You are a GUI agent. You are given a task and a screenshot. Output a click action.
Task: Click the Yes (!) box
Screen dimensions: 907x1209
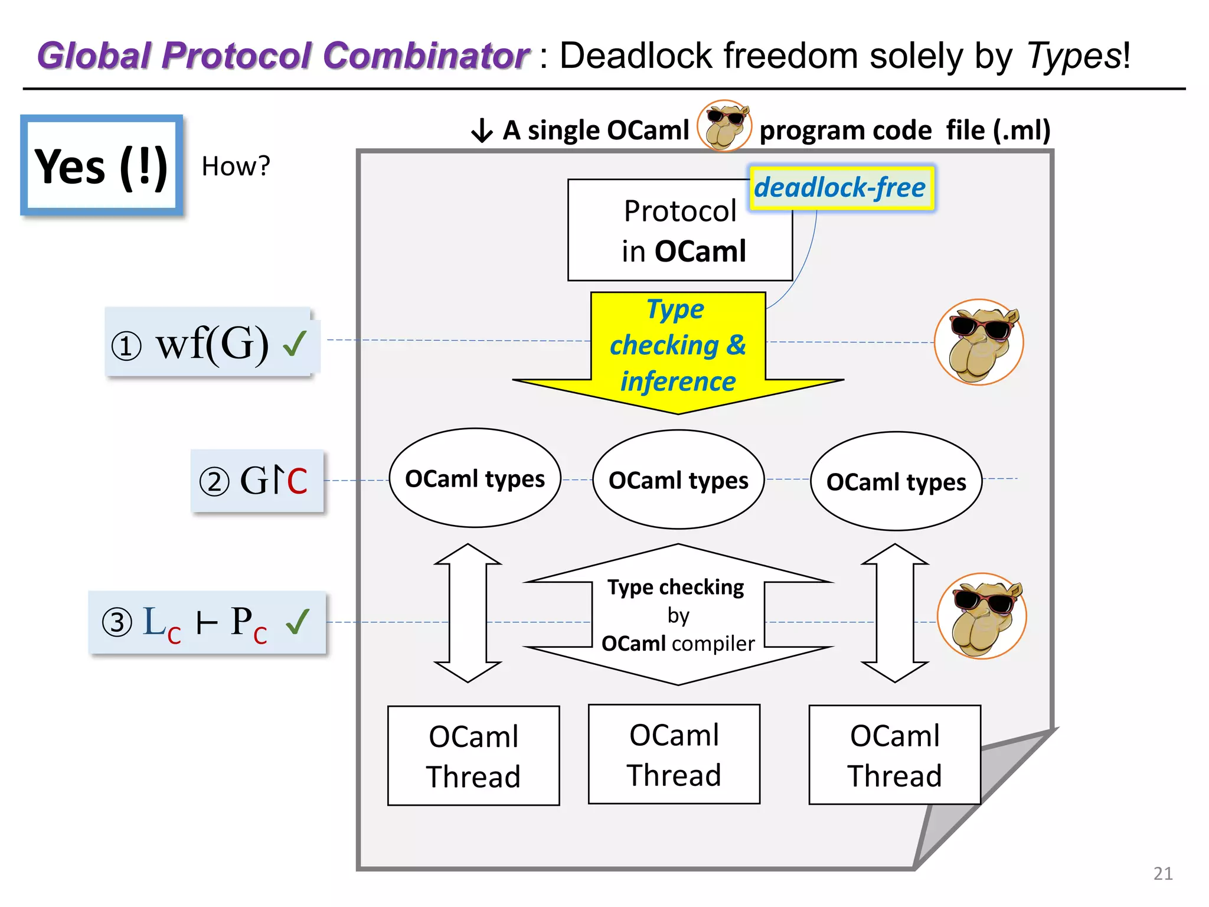click(102, 165)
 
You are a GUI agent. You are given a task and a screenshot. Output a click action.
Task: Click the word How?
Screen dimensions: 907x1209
click(236, 167)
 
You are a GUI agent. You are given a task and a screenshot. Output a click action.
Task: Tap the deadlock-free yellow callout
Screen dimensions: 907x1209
click(840, 188)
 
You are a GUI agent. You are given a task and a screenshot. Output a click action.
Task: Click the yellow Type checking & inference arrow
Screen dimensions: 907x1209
click(678, 348)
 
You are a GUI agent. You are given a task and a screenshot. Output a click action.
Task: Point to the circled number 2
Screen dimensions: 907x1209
click(214, 481)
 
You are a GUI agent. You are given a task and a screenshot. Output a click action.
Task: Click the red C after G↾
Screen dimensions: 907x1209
click(297, 481)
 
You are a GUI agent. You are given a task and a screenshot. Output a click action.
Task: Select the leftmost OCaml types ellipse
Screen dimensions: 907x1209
click(475, 478)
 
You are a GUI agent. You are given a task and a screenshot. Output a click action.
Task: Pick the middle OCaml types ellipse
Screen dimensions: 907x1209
click(678, 480)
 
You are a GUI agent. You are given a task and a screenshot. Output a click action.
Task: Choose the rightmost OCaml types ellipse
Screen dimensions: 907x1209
click(896, 482)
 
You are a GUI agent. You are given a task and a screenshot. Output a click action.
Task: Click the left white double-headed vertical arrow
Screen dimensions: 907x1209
click(468, 613)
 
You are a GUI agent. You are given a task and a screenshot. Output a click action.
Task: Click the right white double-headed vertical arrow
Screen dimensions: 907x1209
click(895, 613)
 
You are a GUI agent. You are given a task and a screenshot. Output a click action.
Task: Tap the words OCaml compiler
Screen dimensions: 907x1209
click(678, 644)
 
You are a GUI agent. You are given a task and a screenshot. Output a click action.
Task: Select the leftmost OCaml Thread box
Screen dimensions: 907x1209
click(473, 756)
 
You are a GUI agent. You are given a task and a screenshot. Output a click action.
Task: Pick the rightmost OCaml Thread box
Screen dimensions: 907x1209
click(894, 755)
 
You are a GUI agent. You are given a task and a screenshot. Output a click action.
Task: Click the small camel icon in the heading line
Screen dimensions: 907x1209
click(724, 126)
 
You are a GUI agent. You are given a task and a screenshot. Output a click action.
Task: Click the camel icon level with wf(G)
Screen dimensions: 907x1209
click(979, 342)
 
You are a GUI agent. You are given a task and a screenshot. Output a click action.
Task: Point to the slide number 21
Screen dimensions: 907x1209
click(1162, 873)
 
